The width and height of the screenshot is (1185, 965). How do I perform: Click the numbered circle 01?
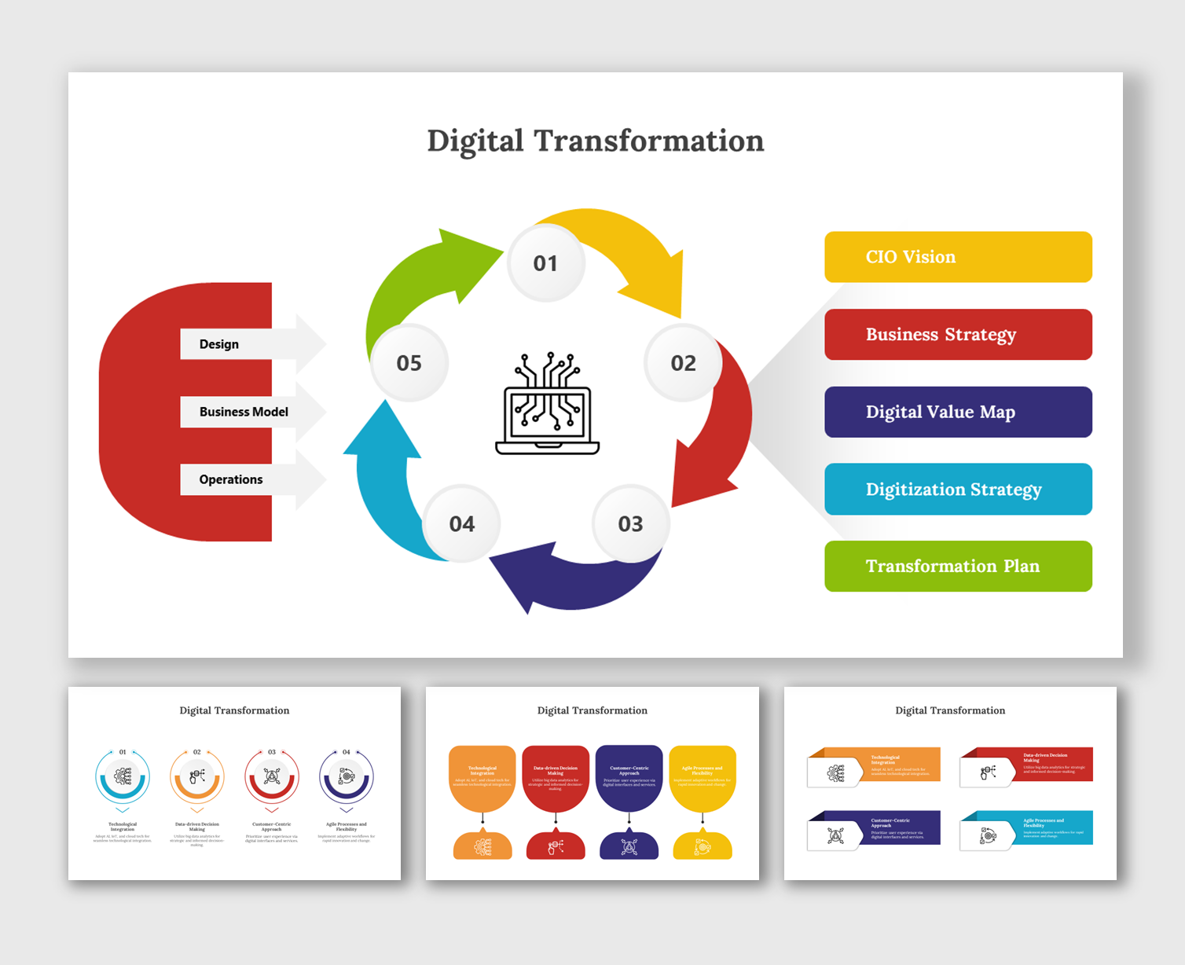[545, 262]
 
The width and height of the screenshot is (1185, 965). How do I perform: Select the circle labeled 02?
[683, 363]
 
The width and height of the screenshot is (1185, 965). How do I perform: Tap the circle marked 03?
[630, 523]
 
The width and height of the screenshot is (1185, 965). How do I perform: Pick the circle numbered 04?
[461, 523]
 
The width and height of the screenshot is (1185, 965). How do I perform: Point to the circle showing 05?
[409, 363]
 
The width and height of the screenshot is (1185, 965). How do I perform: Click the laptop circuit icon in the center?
[548, 404]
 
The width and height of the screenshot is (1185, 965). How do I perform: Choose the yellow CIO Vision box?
[958, 257]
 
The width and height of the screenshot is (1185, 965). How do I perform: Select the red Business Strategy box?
[958, 335]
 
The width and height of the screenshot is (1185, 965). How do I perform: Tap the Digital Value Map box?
[958, 412]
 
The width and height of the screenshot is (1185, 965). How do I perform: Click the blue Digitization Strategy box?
[958, 489]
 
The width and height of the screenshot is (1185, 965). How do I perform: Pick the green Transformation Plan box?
[958, 566]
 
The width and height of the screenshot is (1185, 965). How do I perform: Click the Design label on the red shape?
[219, 344]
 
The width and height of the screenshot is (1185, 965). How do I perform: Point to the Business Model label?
[244, 412]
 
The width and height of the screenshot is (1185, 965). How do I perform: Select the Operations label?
[231, 479]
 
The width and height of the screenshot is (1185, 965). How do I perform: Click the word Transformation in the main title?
[649, 141]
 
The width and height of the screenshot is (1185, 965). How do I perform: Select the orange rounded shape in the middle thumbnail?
[482, 777]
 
